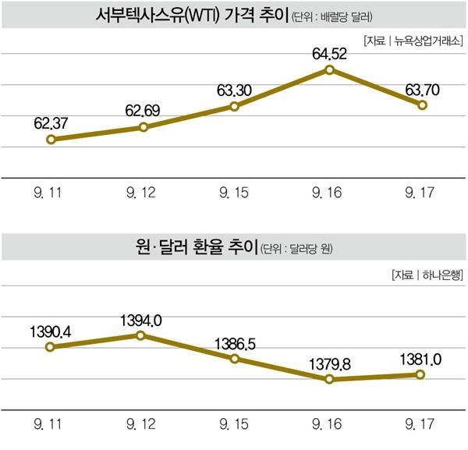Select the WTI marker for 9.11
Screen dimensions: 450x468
(51, 140)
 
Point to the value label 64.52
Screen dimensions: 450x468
(329, 53)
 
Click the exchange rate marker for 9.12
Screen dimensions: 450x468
(141, 335)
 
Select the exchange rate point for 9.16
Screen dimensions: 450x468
(329, 379)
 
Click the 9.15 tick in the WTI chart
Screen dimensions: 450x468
(236, 192)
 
